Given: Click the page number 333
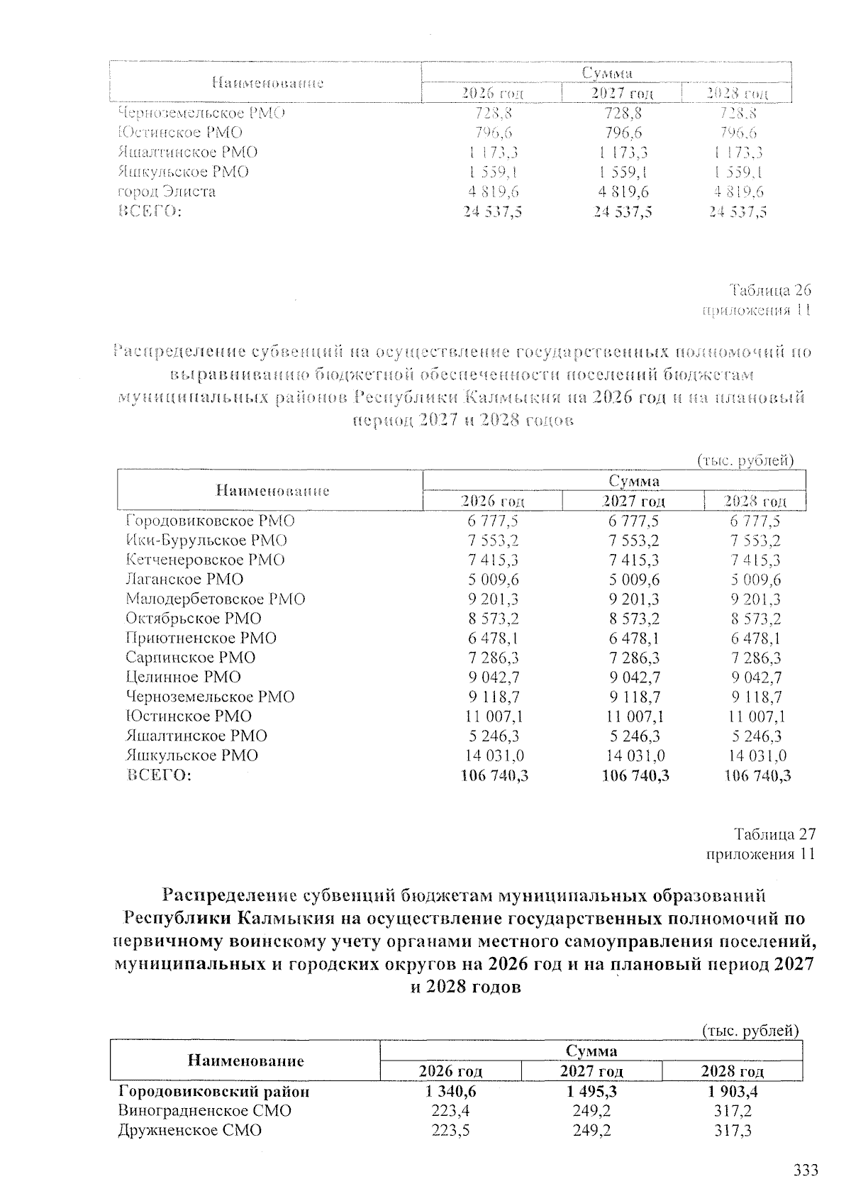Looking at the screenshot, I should (x=805, y=1170).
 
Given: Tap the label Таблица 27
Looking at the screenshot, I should (x=774, y=834).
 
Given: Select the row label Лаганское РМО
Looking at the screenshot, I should (x=184, y=579).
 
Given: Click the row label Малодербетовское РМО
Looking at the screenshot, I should (x=215, y=599).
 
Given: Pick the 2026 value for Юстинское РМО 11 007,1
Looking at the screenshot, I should (x=494, y=716).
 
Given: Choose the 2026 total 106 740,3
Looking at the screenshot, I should (x=494, y=776).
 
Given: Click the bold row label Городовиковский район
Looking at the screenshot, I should (x=213, y=1091).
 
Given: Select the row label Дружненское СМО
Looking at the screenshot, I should (x=189, y=1130).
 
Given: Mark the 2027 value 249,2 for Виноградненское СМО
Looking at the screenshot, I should (x=591, y=1110).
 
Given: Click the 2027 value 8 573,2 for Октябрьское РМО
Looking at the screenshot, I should (x=634, y=618).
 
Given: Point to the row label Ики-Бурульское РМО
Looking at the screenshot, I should (x=206, y=540).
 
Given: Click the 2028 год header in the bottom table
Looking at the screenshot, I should (x=732, y=1071).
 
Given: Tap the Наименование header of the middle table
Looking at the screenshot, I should (x=272, y=490).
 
